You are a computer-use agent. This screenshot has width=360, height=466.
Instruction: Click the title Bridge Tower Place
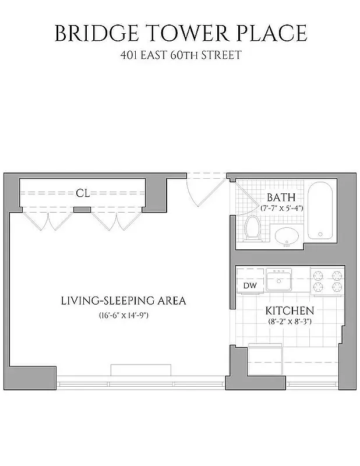tap(180, 33)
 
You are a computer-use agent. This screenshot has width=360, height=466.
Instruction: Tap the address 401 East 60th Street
tap(179, 57)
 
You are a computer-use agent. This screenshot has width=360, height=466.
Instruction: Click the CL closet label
tap(83, 193)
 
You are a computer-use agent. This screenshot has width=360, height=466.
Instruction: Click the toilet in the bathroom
tap(253, 228)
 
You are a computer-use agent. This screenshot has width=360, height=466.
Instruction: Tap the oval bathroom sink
tap(287, 236)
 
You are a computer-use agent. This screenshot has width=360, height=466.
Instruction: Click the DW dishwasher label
tap(249, 285)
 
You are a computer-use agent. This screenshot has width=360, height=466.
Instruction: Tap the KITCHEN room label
tap(290, 310)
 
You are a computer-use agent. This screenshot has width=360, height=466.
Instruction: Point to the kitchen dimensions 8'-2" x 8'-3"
tap(290, 321)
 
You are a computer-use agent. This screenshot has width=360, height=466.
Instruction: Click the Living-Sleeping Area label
tap(123, 301)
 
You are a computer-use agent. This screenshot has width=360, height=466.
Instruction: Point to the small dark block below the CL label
tap(83, 209)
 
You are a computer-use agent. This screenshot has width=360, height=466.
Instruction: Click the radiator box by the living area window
tap(141, 371)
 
